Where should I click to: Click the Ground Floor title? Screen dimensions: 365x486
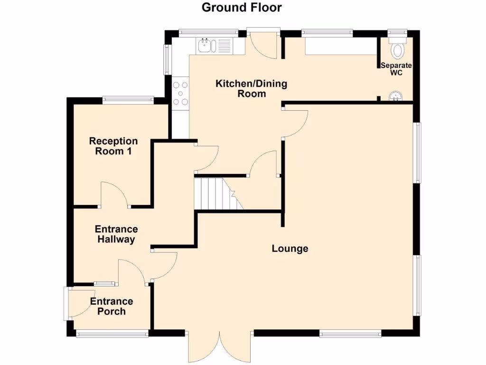click(x=242, y=8)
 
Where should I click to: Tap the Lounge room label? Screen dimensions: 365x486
click(x=290, y=249)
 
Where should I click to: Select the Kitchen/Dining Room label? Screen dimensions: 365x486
click(x=252, y=89)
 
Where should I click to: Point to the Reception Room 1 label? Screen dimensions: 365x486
click(x=113, y=146)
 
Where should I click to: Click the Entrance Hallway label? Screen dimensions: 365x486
click(x=116, y=234)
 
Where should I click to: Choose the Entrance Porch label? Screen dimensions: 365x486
click(x=112, y=307)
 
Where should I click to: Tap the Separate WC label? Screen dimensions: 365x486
click(x=396, y=69)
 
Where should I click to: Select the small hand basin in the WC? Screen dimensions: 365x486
click(x=394, y=97)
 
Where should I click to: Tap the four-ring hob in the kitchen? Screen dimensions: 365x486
click(x=181, y=93)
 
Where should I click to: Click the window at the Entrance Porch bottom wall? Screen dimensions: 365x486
click(x=112, y=334)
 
